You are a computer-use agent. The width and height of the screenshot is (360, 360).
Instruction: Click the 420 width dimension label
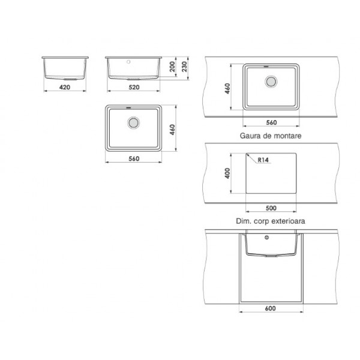[x=65, y=87]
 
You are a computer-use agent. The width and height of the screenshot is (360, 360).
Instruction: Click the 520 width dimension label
[x=134, y=87]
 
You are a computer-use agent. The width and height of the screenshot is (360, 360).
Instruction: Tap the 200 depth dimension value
[x=172, y=67]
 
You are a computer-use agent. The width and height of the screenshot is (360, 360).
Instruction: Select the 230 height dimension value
[x=184, y=67]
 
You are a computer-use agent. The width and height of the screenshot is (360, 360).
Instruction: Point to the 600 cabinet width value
[x=270, y=308]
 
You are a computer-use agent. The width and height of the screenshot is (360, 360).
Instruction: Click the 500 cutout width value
[x=271, y=208]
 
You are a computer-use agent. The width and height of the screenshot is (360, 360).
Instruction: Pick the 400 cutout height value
[x=227, y=173]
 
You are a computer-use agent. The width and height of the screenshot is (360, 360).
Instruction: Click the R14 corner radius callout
[x=263, y=160]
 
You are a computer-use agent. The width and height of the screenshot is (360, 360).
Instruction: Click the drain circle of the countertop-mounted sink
[x=271, y=82]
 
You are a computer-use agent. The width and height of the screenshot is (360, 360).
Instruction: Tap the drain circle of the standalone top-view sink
[x=133, y=122]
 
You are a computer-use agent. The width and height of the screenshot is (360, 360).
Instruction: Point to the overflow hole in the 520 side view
[x=128, y=62]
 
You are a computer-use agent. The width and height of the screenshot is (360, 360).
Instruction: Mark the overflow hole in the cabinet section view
[x=266, y=238]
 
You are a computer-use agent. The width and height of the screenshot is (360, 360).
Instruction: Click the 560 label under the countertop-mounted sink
[x=271, y=122]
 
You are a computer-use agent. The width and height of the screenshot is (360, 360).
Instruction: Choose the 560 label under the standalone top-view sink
[x=134, y=158]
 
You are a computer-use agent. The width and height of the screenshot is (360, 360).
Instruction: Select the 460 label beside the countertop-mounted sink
[x=227, y=88]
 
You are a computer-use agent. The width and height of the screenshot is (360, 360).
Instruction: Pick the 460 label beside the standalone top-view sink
[x=172, y=130]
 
